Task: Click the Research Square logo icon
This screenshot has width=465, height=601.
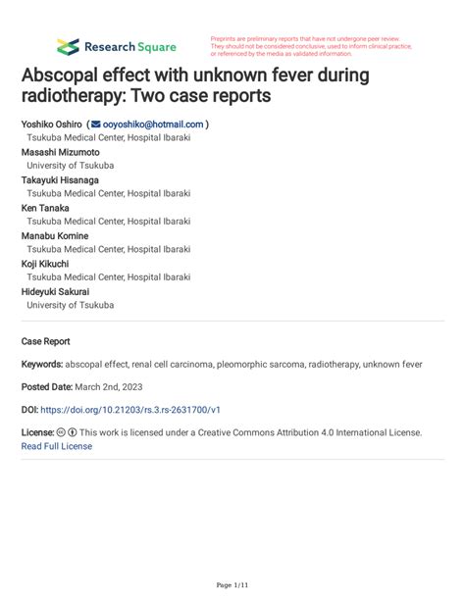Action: tap(68, 46)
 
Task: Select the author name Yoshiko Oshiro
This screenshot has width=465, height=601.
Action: tap(52, 125)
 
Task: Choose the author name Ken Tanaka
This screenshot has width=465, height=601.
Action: tap(47, 208)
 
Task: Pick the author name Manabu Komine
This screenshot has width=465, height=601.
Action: tap(55, 236)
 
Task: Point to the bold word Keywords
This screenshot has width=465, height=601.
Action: tap(41, 364)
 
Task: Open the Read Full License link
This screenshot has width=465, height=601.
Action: tap(56, 446)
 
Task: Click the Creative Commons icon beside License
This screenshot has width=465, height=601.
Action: tap(61, 432)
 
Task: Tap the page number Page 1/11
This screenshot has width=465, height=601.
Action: tap(232, 585)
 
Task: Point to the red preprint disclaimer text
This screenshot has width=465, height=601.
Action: tap(312, 46)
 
